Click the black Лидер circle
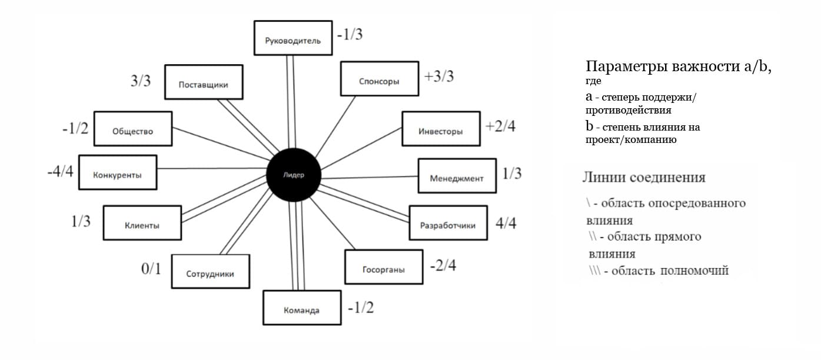tap(292, 175)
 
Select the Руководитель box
tap(292, 39)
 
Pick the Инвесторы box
tap(441, 129)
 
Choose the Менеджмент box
tap(457, 176)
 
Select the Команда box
tap(301, 308)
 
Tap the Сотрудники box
tap(210, 272)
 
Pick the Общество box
tap(133, 129)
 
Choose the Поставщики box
tap(203, 82)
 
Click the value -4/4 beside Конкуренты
tap(61, 174)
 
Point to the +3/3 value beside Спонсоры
tap(439, 76)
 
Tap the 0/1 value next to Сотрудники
tap(151, 269)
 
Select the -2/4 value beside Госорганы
tap(443, 265)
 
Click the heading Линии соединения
tap(643, 178)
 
